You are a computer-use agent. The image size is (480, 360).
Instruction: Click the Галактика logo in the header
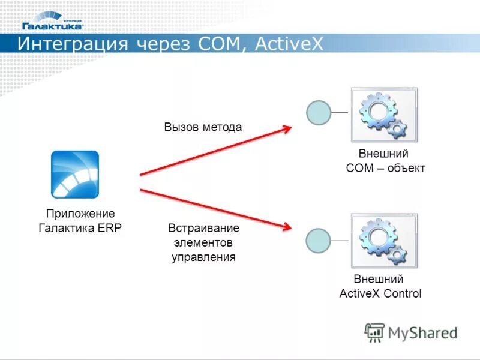coord(52,22)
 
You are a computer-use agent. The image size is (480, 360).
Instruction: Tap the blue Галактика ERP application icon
coord(74,175)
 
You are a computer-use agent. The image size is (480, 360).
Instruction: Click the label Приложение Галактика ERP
coord(80,221)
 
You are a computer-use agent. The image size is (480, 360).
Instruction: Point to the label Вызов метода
coord(203,127)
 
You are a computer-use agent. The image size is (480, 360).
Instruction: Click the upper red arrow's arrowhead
coord(287,128)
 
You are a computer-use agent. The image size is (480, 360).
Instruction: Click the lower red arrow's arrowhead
coord(287,227)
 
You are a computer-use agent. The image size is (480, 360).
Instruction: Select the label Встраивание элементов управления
coord(203,242)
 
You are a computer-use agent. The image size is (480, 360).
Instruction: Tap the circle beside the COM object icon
coord(319,113)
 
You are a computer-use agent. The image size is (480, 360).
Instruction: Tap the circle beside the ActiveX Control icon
coord(319,241)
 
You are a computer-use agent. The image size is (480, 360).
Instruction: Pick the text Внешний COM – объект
coord(385,161)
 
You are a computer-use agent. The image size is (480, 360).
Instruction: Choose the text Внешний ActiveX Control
coord(380,287)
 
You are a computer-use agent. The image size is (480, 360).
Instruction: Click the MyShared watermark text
coord(422,332)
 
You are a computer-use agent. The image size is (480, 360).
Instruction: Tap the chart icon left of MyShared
coord(374,332)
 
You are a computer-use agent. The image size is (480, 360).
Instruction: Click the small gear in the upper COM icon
coord(397,128)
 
